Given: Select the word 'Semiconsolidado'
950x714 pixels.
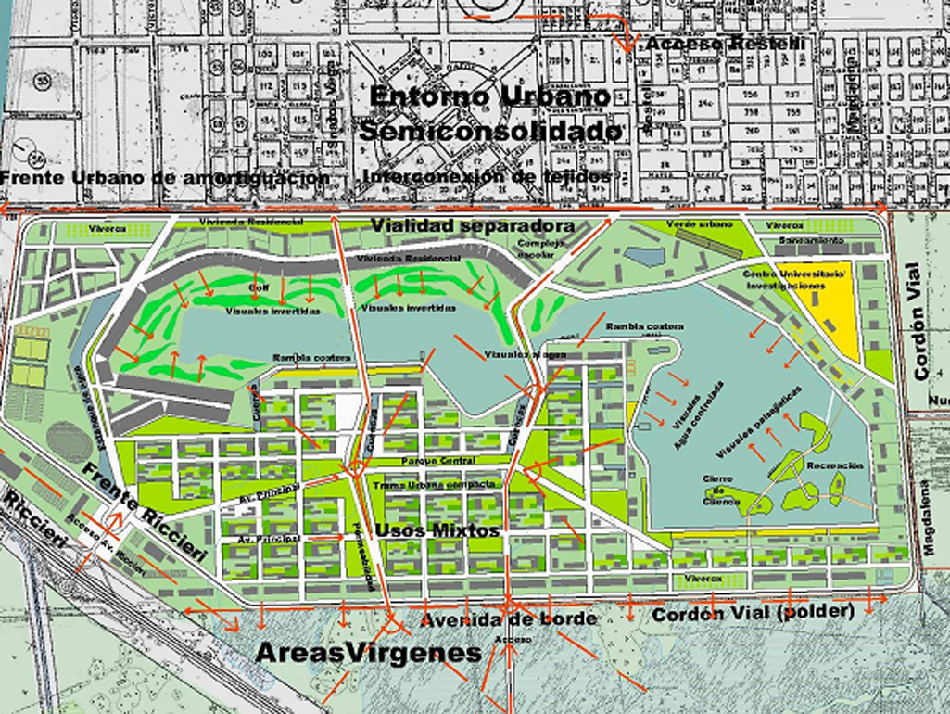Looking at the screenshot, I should pyautogui.click(x=490, y=132).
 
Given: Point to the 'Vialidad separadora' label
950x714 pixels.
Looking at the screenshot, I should pyautogui.click(x=473, y=226).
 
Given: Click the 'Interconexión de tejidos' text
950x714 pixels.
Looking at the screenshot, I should pyautogui.click(x=488, y=175).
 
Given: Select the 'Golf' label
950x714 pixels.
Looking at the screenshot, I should pyautogui.click(x=258, y=288).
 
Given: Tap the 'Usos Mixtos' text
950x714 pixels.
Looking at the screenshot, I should pyautogui.click(x=437, y=529).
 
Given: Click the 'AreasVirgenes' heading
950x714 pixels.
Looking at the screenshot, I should pyautogui.click(x=368, y=653).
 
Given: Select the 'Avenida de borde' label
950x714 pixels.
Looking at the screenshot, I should pyautogui.click(x=507, y=618).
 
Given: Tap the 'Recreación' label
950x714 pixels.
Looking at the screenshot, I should pyautogui.click(x=834, y=465).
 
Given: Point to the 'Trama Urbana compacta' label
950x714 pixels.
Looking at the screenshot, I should pyautogui.click(x=434, y=484).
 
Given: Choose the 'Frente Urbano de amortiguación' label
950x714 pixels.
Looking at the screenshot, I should pyautogui.click(x=165, y=177).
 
